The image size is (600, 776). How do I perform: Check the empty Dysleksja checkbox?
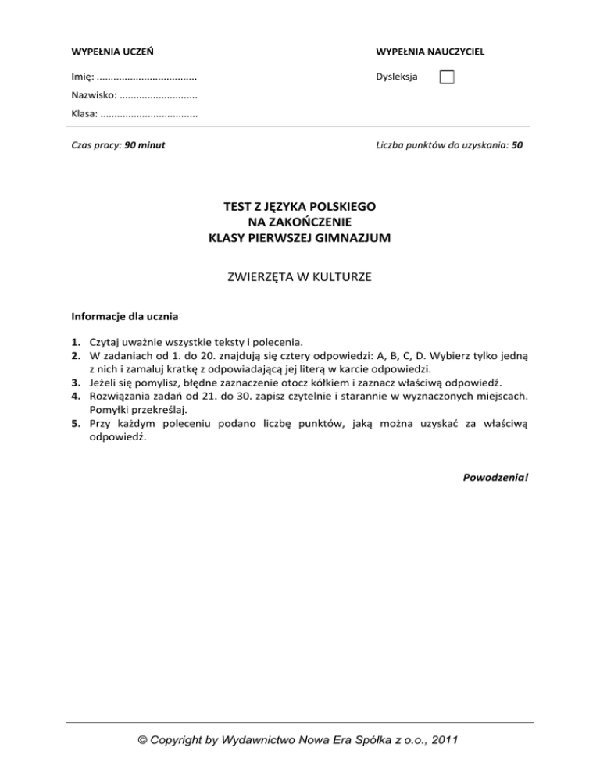pos(447,77)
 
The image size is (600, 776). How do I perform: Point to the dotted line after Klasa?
pos(149,114)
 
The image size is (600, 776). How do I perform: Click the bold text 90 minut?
pos(145,144)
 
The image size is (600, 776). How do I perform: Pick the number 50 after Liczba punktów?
pos(517,144)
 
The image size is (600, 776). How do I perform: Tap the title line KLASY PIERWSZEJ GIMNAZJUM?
pos(300,238)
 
